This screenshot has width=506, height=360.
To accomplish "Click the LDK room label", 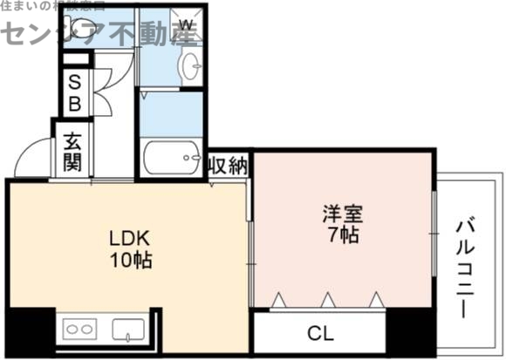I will point(130,237).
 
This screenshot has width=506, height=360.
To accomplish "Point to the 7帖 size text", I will point(342,234).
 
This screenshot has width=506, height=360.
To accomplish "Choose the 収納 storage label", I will point(229,165).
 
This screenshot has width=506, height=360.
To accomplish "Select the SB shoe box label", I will point(74,92).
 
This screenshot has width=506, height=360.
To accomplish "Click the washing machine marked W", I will point(186,24).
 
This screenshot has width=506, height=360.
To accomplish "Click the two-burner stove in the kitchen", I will point(78,329).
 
